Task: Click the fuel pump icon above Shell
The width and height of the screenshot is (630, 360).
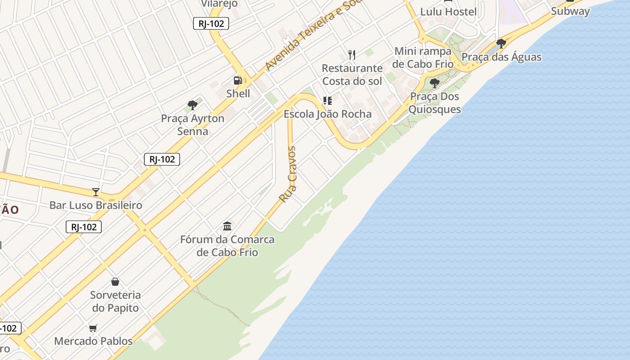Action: [238, 81]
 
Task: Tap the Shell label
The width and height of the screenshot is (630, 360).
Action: [238, 94]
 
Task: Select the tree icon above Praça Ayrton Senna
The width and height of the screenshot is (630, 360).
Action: [193, 106]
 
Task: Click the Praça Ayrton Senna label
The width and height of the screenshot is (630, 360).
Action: [193, 125]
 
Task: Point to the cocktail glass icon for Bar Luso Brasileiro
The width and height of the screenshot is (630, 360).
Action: [95, 192]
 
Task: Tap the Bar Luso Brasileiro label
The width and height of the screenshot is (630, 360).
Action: [95, 205]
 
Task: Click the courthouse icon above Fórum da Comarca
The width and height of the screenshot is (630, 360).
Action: [227, 226]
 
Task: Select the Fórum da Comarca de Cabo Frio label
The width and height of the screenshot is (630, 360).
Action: [227, 246]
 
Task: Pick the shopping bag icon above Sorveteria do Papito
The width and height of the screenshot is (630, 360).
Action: [115, 282]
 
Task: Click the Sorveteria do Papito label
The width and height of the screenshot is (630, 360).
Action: [115, 301]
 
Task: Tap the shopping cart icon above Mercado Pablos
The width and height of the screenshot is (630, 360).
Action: [93, 328]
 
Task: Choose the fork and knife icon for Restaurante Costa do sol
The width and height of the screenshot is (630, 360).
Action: [352, 55]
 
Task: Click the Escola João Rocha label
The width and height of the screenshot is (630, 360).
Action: [328, 114]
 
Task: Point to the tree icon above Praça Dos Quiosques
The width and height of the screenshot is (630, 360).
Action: [434, 83]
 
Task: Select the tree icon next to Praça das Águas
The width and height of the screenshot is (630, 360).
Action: [501, 44]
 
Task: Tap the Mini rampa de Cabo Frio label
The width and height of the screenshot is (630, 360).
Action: [423, 57]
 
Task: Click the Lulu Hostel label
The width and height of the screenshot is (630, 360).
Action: [448, 12]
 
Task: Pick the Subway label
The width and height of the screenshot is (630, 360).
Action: [570, 11]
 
